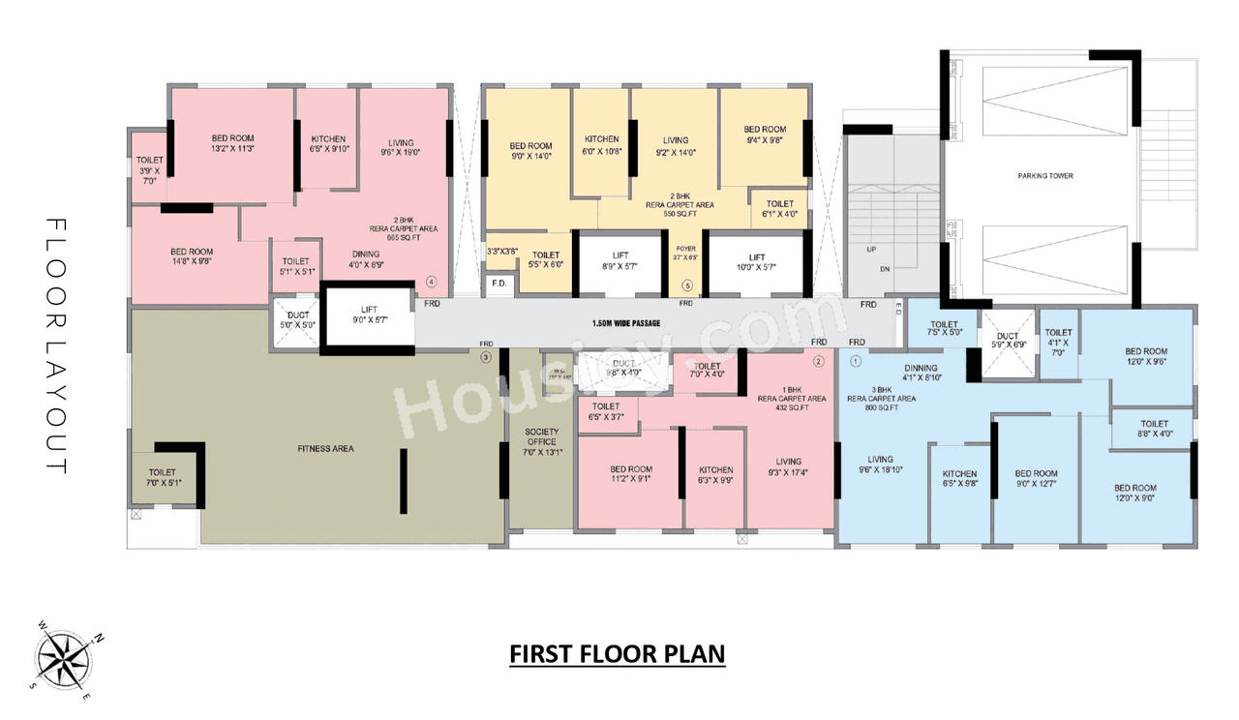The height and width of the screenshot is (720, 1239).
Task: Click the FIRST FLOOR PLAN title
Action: (618, 654)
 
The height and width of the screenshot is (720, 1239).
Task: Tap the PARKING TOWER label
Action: (1044, 176)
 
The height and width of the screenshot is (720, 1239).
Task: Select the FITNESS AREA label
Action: (325, 448)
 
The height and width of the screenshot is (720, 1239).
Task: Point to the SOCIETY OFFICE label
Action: (541, 436)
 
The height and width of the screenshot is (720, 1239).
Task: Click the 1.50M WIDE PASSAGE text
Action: (626, 323)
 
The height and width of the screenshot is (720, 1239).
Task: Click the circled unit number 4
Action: (432, 283)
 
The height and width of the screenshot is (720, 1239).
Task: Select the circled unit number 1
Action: (856, 362)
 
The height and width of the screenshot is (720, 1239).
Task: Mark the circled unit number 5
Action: (687, 285)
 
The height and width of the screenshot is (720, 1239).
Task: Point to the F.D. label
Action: (499, 285)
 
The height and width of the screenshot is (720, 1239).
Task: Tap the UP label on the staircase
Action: (871, 250)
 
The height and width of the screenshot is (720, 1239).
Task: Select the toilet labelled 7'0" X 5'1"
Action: (162, 477)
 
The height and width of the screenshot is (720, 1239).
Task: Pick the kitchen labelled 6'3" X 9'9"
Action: (715, 474)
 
